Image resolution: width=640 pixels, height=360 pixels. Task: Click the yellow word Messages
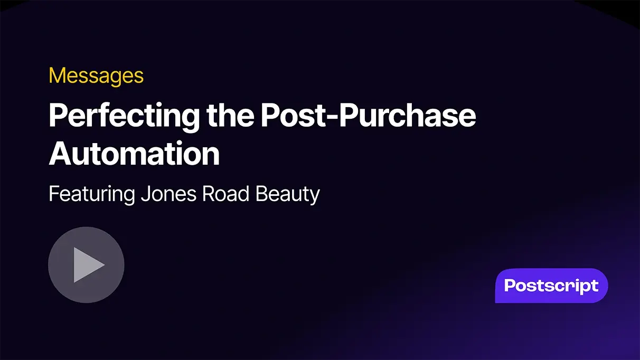click(96, 76)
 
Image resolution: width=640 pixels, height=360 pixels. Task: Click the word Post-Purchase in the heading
click(368, 116)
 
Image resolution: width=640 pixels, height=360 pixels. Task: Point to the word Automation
click(134, 154)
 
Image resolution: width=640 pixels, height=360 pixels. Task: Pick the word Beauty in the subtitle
click(288, 195)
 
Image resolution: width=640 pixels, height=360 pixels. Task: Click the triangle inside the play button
click(88, 264)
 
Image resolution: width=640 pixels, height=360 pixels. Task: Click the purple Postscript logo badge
click(551, 286)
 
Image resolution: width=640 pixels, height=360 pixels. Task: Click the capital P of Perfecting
click(57, 116)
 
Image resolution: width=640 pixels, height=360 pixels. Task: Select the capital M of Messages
click(57, 76)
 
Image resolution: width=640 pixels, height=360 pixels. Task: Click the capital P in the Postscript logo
click(511, 286)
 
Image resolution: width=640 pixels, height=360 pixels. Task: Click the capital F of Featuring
click(54, 194)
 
